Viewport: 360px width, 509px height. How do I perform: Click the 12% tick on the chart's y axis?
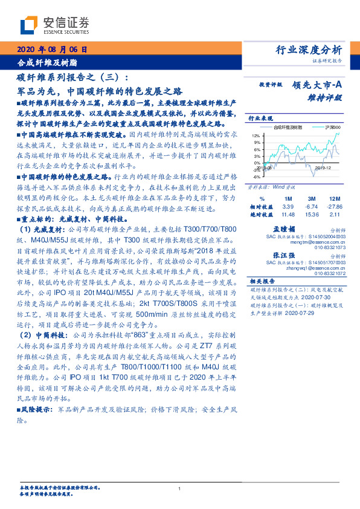tap(256, 136)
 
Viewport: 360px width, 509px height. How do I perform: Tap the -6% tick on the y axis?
tap(256, 177)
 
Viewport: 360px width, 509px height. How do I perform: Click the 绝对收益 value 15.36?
tap(312, 215)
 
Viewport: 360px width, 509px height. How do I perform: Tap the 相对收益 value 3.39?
tap(288, 206)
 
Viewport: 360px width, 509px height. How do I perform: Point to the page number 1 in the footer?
tap(180, 488)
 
